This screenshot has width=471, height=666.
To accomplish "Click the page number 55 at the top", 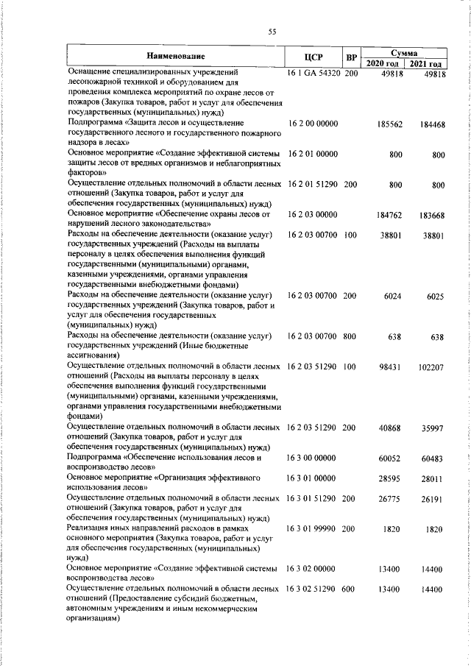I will point(272,31).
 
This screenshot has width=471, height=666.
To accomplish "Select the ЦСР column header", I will point(314,57).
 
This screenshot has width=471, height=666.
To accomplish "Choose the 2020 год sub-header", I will point(383,64).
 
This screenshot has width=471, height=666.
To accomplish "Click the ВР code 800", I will point(350,336).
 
